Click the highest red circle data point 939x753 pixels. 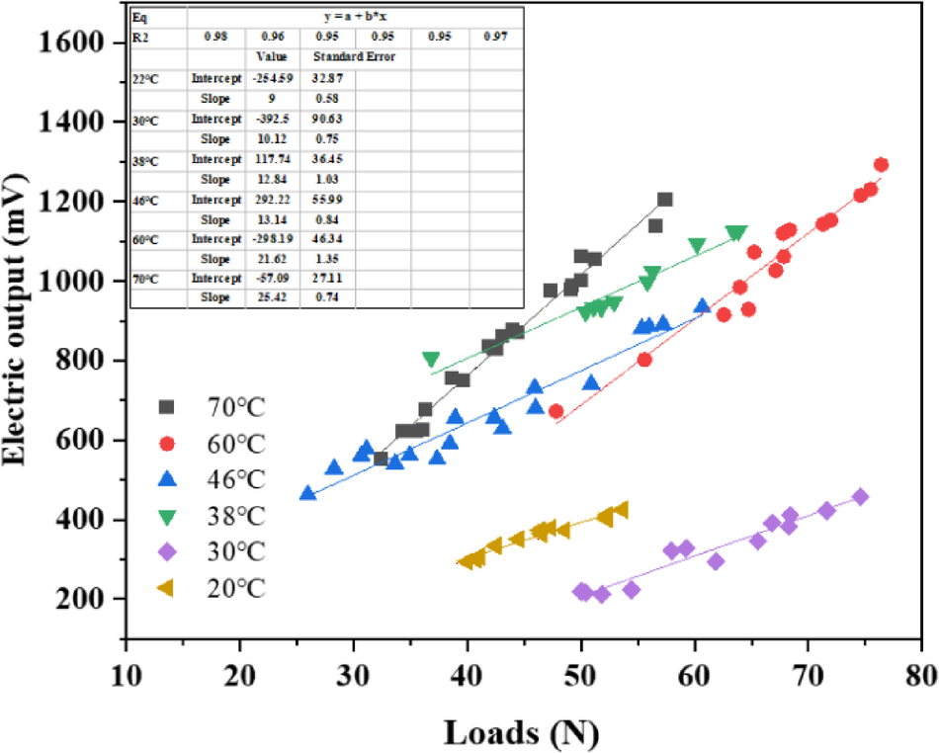pyautogui.click(x=881, y=165)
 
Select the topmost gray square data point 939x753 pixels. pyautogui.click(x=664, y=200)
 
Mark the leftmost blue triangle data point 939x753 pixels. pyautogui.click(x=307, y=493)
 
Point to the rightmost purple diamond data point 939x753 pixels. pyautogui.click(x=860, y=497)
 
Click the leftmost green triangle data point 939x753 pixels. pyautogui.click(x=431, y=360)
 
